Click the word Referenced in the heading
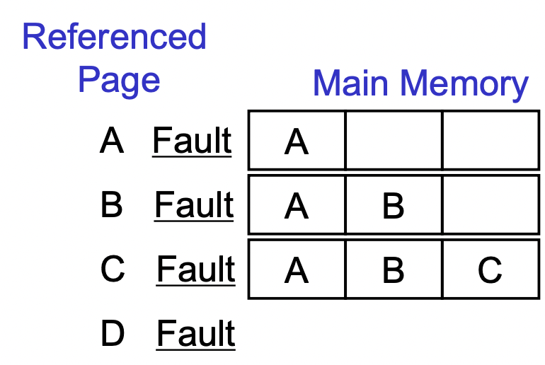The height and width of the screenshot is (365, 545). click(x=114, y=37)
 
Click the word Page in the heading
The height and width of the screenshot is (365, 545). click(x=119, y=79)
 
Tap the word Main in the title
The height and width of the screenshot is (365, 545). click(x=352, y=83)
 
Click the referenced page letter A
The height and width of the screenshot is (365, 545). click(x=112, y=141)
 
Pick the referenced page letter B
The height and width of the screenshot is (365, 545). click(x=112, y=205)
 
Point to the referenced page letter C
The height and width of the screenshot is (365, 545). click(x=113, y=270)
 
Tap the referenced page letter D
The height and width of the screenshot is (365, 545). click(x=113, y=334)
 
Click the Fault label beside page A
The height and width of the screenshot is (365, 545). click(x=192, y=141)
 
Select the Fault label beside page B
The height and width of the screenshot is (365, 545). click(x=194, y=206)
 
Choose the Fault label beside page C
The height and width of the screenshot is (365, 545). click(x=196, y=270)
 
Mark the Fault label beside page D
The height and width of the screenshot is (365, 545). click(x=196, y=334)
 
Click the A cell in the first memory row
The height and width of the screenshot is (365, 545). click(x=297, y=142)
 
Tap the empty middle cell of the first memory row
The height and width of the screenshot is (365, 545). click(x=394, y=140)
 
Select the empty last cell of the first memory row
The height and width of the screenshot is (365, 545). click(x=490, y=140)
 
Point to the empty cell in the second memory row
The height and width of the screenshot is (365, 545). click(x=490, y=204)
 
